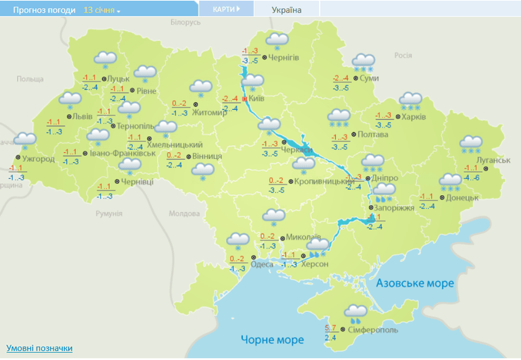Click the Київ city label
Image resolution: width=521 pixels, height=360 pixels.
pyautogui.click(x=257, y=99)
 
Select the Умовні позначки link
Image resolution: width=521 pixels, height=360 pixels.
pyautogui.click(x=39, y=348)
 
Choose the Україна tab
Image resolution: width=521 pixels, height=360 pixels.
pyautogui.click(x=287, y=10)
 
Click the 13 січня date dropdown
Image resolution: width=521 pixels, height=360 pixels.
pyautogui.click(x=101, y=11)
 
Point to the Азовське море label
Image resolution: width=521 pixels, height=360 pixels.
pyautogui.click(x=415, y=283)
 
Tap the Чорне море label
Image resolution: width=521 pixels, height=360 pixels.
pyautogui.click(x=272, y=340)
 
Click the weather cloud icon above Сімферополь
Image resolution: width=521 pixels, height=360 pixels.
pyautogui.click(x=355, y=311)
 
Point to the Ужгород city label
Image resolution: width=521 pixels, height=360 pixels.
pyautogui.click(x=38, y=159)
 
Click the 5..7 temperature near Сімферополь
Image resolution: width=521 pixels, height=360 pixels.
pyautogui.click(x=331, y=328)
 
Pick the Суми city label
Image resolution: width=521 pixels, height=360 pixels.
pyautogui.click(x=368, y=78)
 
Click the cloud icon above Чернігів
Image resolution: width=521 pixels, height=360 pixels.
pyautogui.click(x=276, y=40)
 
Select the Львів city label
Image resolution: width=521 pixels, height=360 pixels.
pyautogui.click(x=82, y=116)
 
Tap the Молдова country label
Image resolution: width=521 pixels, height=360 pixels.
pyautogui.click(x=184, y=213)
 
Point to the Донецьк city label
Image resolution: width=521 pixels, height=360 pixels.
pyautogui.click(x=462, y=198)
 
